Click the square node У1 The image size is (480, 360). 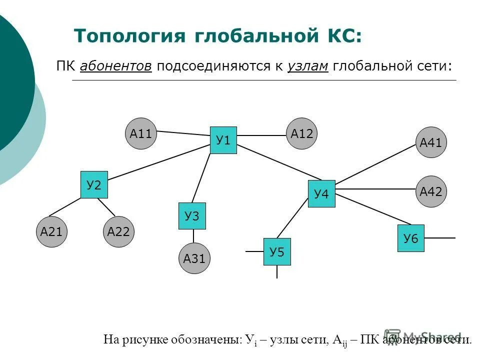(223, 140)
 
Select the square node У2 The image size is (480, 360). (94, 185)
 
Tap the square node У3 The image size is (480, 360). (192, 216)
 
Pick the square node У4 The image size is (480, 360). (321, 193)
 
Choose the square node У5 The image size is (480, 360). (277, 251)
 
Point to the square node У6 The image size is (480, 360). (410, 238)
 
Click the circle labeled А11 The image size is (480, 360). (141, 133)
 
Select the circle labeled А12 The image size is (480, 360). (301, 133)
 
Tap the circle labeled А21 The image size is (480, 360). (51, 231)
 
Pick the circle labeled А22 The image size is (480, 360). (118, 231)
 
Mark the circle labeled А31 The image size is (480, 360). (194, 258)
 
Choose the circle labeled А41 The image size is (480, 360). (431, 142)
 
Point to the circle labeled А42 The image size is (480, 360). (431, 191)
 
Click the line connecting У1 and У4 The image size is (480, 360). (280, 162)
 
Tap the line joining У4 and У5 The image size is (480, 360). (292, 217)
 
